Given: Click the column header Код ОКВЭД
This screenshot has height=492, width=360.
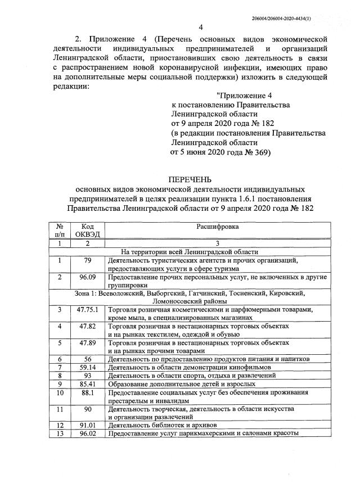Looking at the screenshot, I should (x=87, y=230).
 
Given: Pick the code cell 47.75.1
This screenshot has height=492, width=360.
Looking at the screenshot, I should (x=87, y=310).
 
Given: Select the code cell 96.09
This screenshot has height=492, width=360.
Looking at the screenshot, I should (x=87, y=277).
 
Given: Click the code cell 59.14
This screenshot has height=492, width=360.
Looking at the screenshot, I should (x=87, y=367).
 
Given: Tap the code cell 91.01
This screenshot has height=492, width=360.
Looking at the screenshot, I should (x=87, y=425).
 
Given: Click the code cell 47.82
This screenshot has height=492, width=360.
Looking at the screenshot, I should (x=87, y=326).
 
